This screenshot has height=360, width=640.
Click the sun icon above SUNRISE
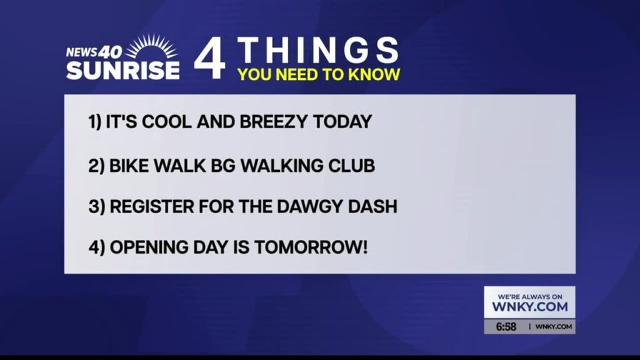click(x=152, y=47)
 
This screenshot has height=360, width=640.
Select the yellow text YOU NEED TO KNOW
click(x=318, y=75)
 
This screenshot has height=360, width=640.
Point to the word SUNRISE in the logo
click(x=122, y=69)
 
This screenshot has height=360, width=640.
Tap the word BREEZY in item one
click(x=274, y=122)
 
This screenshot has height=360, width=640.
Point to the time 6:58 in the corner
click(x=506, y=327)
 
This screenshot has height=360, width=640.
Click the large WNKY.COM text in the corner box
click(x=529, y=307)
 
